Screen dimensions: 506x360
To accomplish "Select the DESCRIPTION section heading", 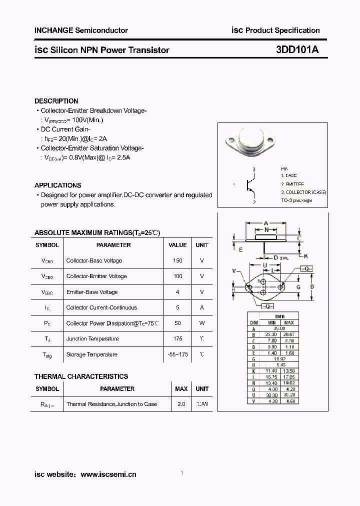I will coord(56,101).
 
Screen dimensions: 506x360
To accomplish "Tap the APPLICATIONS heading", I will coord(58,185).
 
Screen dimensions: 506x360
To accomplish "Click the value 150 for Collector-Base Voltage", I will coord(177,260).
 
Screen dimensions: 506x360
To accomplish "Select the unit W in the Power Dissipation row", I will coord(202,323).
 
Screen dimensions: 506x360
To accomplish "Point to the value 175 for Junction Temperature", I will coord(177,338).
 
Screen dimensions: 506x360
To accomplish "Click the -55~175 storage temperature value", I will coord(177,354).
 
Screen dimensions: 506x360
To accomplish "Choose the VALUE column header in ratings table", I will coord(177,245).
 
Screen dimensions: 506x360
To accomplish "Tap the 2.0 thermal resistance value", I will coord(181,404).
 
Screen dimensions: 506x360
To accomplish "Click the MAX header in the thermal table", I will coord(181,388).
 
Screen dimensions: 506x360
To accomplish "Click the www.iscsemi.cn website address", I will coord(108,474).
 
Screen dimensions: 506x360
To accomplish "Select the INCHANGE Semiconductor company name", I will coord(81,30).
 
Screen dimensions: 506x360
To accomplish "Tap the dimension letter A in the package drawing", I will coord(266,223).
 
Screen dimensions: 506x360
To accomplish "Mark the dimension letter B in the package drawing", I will coord(312,287).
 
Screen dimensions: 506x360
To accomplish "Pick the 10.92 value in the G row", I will coord(280,358).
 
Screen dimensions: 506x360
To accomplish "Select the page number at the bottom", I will coord(182,473).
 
